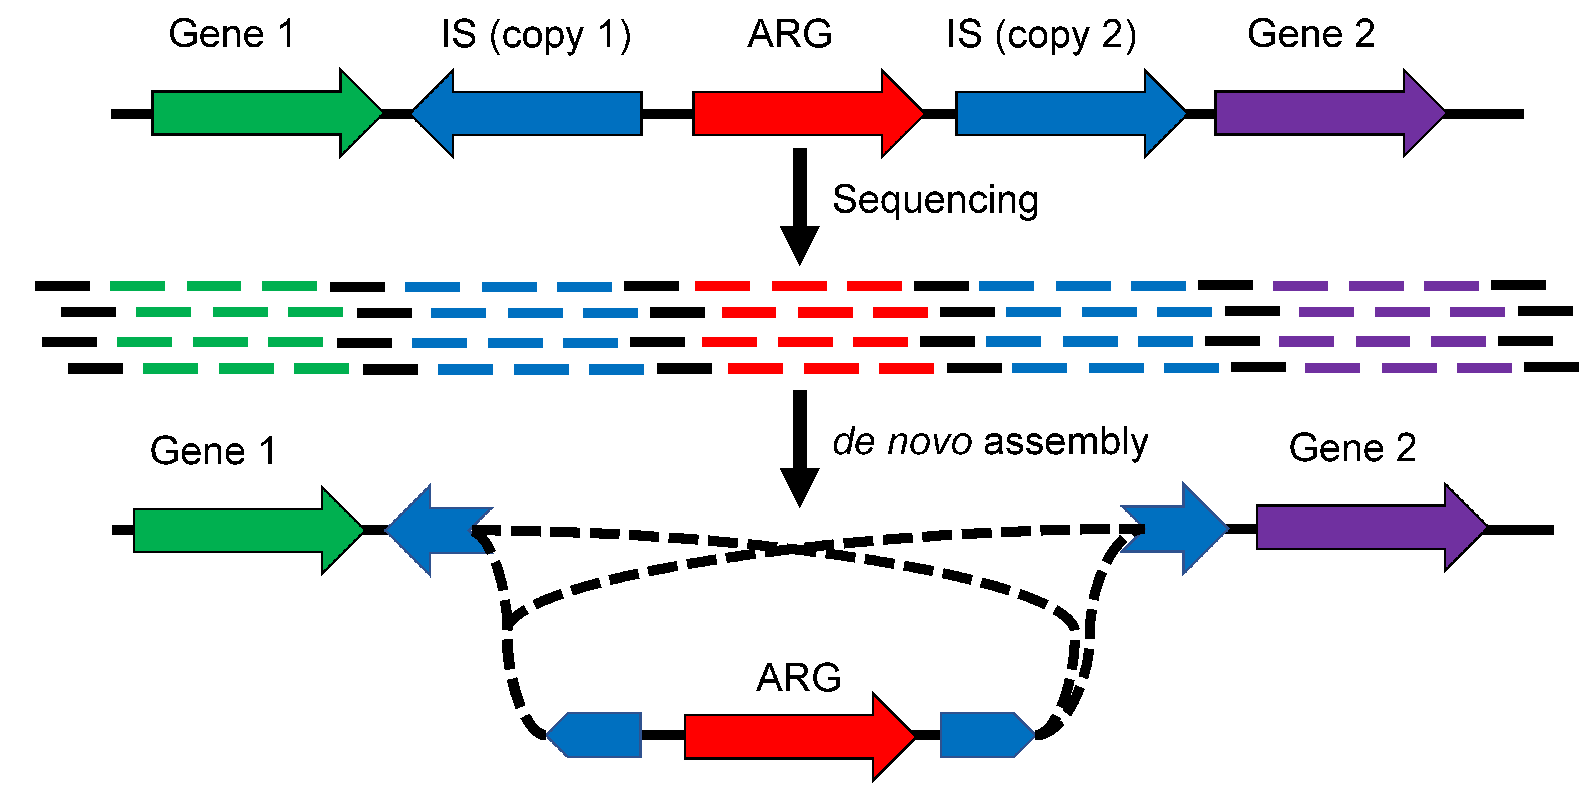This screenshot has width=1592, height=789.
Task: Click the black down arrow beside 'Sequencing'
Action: click(x=800, y=204)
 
